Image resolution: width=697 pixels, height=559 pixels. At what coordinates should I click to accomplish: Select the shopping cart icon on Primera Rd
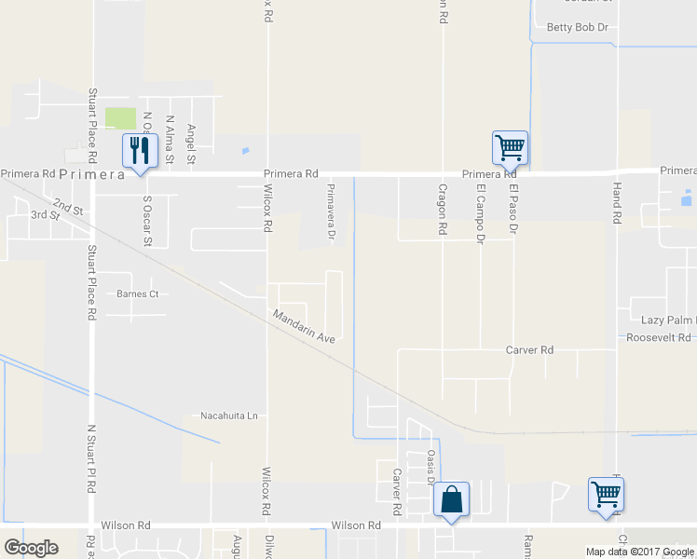(510, 147)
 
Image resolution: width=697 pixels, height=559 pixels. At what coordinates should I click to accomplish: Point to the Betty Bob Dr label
(577, 28)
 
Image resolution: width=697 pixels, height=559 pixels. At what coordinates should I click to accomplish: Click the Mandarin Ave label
(304, 326)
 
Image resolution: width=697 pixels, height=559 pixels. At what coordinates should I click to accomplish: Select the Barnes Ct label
(138, 293)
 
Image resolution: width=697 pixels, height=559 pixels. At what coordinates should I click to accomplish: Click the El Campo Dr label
(481, 214)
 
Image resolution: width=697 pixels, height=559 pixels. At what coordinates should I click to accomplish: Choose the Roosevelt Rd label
(660, 337)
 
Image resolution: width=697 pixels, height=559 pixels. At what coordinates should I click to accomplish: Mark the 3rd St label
(45, 215)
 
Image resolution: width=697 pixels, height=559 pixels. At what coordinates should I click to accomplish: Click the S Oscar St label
(147, 221)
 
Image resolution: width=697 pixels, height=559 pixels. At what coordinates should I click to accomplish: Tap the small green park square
(119, 118)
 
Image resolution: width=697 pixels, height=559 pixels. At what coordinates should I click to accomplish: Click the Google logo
(31, 548)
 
